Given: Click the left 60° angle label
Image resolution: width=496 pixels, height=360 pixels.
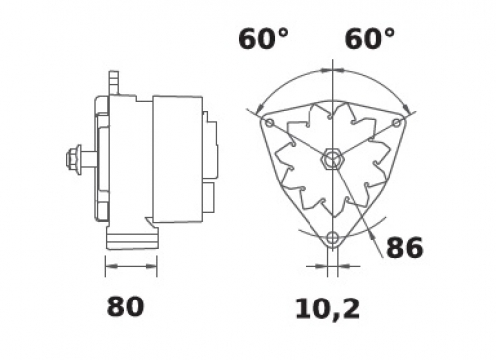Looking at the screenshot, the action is click(x=263, y=39).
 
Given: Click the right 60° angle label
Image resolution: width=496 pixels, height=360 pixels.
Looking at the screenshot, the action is click(x=370, y=39).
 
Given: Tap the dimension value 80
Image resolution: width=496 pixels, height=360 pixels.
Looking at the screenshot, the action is click(x=125, y=306).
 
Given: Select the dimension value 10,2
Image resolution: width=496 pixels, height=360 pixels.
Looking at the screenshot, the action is click(x=327, y=309).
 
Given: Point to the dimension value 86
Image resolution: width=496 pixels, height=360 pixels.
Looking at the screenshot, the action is click(x=405, y=248).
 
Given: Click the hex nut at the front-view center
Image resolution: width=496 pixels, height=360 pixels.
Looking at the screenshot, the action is click(x=332, y=159).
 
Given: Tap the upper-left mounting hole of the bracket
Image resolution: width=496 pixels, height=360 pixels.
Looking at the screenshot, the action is click(x=270, y=123).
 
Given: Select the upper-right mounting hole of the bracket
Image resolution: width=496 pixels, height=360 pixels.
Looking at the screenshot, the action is click(x=397, y=123).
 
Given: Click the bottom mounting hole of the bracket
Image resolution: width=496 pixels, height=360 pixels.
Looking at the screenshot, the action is click(x=333, y=238).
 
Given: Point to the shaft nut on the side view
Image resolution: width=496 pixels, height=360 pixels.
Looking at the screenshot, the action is click(x=74, y=160).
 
